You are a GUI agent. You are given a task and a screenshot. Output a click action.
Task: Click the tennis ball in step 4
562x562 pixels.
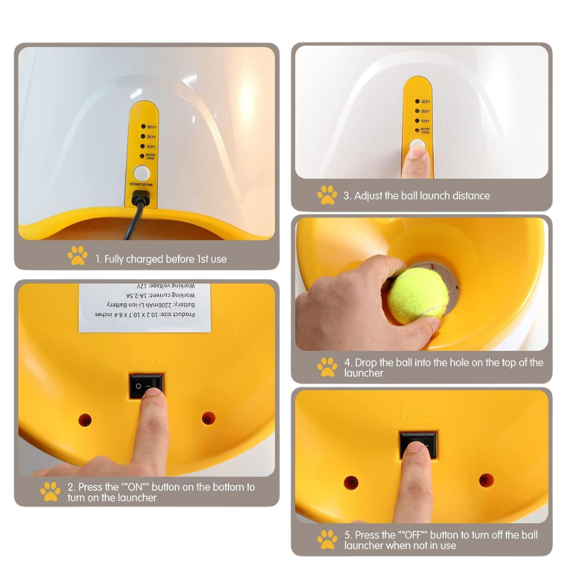pyautogui.click(x=418, y=295)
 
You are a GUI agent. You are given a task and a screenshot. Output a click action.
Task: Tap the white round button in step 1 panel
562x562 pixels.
pyautogui.click(x=142, y=173)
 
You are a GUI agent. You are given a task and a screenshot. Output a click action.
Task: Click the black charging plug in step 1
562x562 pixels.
pyautogui.click(x=140, y=198)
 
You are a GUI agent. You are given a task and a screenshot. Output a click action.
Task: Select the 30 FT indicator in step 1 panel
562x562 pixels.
pyautogui.click(x=144, y=127)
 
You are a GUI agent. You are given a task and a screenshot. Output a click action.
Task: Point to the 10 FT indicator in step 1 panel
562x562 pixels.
pyautogui.click(x=144, y=146)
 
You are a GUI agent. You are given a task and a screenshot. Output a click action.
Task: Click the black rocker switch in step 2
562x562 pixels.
pyautogui.click(x=146, y=386)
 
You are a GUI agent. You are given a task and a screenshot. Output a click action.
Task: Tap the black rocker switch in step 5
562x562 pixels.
pyautogui.click(x=418, y=444)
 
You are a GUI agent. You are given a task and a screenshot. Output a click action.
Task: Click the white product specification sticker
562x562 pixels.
pyautogui.click(x=144, y=307)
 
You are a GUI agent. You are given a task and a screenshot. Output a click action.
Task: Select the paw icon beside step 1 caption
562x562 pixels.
pyautogui.click(x=78, y=255)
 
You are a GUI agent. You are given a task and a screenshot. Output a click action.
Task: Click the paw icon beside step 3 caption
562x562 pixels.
pyautogui.click(x=327, y=195)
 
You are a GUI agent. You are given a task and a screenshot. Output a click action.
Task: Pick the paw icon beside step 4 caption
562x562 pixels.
pyautogui.click(x=327, y=367)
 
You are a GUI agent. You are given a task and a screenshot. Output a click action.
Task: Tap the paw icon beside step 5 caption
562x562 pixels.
pyautogui.click(x=327, y=539)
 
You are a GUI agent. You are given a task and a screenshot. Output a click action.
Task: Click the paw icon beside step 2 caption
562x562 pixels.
pyautogui.click(x=50, y=491)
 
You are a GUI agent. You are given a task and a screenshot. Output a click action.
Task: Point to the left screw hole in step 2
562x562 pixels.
pyautogui.click(x=85, y=420)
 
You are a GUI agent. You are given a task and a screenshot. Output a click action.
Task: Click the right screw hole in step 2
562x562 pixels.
pyautogui.click(x=209, y=418)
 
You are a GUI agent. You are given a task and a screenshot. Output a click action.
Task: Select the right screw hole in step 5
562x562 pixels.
pyautogui.click(x=486, y=481)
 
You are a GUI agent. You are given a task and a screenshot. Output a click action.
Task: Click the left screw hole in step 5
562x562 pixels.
pyautogui.click(x=351, y=482)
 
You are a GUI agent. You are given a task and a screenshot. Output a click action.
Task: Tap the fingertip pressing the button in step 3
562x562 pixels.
pyautogui.click(x=416, y=152)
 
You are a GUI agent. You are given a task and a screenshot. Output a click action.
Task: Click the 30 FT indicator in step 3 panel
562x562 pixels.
pyautogui.click(x=418, y=102)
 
